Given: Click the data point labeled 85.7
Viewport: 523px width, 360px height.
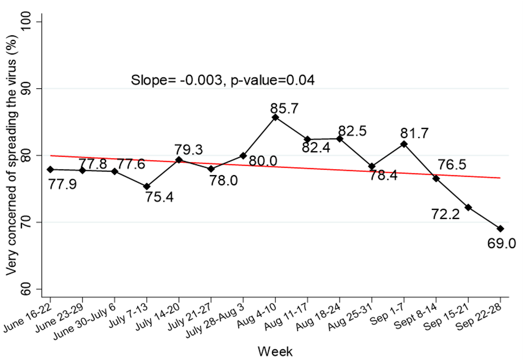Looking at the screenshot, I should tap(275, 117).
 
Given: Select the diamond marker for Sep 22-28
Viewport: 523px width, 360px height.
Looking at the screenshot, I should tap(500, 229).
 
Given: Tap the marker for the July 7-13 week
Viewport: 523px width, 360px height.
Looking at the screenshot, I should tap(147, 186).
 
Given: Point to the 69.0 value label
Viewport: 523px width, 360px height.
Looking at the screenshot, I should tap(501, 244).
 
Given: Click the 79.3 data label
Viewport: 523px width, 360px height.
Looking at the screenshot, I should tap(189, 150).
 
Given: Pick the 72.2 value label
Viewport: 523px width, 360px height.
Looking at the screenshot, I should tap(445, 214).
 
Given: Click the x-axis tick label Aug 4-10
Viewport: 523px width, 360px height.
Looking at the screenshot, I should tap(257, 316).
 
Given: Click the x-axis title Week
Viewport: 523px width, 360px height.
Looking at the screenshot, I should tap(275, 351).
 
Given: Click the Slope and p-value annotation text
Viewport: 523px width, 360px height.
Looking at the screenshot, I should tap(222, 80).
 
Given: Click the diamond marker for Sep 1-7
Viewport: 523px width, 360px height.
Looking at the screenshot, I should tap(404, 144).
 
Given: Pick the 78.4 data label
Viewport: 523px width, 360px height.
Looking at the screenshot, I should tap(383, 176).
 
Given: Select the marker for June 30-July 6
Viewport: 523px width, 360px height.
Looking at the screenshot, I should tap(115, 171).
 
